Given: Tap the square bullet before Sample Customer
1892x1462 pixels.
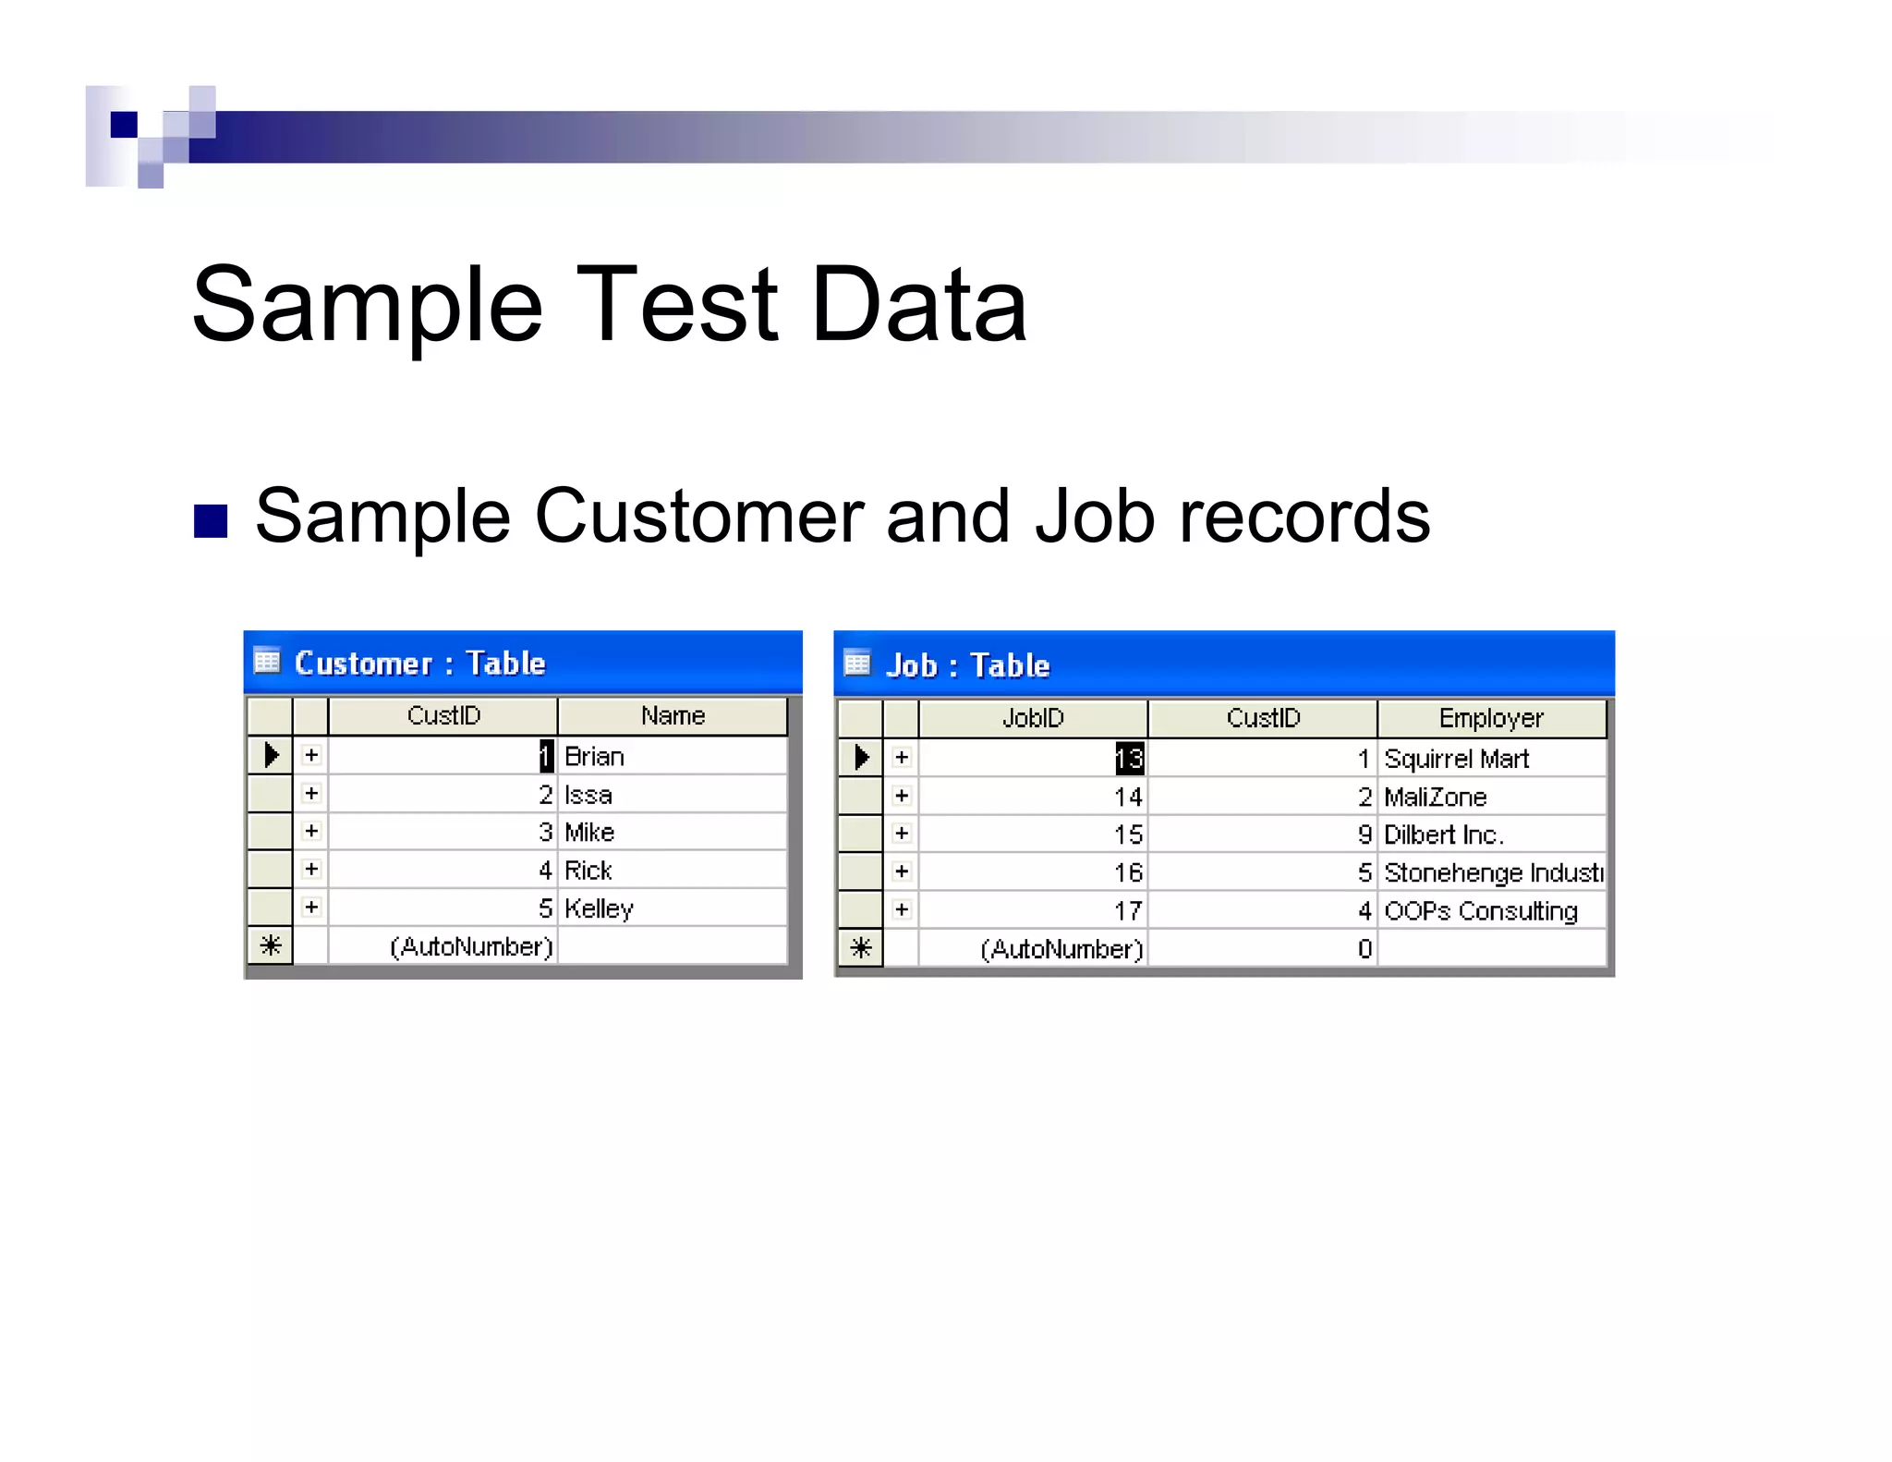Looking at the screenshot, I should pos(211,521).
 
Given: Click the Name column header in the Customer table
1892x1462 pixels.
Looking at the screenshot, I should pos(673,716).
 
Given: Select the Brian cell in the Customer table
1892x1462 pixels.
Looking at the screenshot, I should pos(594,757).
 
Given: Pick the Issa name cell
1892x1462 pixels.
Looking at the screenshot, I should pos(588,795).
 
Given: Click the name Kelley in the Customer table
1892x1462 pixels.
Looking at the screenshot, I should pos(599,908).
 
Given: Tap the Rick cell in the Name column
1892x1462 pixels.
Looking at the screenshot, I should pos(588,871).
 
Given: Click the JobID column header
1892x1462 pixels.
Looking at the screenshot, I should pos(1033,718).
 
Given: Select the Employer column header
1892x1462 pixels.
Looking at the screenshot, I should pos(1491,718).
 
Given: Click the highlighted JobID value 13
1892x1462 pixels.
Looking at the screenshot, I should pos(1129,759).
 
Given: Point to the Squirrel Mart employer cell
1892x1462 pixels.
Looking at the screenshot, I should pos(1456,759).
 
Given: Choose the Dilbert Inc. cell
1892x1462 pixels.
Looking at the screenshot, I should pos(1443,835).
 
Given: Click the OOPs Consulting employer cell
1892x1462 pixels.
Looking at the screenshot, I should pos(1480,911).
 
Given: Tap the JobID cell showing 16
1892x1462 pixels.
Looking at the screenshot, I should pos(1128,872).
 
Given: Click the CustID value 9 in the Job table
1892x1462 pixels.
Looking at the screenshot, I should pos(1364,835).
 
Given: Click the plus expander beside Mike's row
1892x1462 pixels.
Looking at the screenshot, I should pos(311,832).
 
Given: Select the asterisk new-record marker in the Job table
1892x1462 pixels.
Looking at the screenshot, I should pos(860,948).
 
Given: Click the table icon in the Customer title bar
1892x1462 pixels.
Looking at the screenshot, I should pos(267,662).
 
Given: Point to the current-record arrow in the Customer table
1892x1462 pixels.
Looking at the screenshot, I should pos(271,755).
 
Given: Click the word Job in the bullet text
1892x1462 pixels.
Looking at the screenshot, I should pos(1095,518).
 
